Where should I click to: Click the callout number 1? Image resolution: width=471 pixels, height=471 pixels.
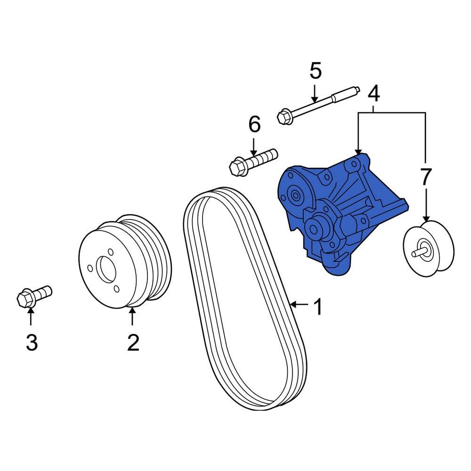tap(318, 308)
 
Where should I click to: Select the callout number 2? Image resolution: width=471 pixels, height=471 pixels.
tap(133, 342)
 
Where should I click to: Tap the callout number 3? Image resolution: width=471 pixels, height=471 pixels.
tap(31, 342)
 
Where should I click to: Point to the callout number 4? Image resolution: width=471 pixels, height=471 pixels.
tap(373, 94)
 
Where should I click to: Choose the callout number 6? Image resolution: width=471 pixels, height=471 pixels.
tap(254, 125)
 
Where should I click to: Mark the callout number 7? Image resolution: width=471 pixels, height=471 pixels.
tap(425, 177)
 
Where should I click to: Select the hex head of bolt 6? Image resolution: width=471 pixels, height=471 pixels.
tap(237, 166)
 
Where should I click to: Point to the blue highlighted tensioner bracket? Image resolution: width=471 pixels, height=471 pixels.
tap(339, 212)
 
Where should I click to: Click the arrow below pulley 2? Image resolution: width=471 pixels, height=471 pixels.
tap(132, 318)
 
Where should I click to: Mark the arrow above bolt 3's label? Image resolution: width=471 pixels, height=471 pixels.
tap(31, 318)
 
